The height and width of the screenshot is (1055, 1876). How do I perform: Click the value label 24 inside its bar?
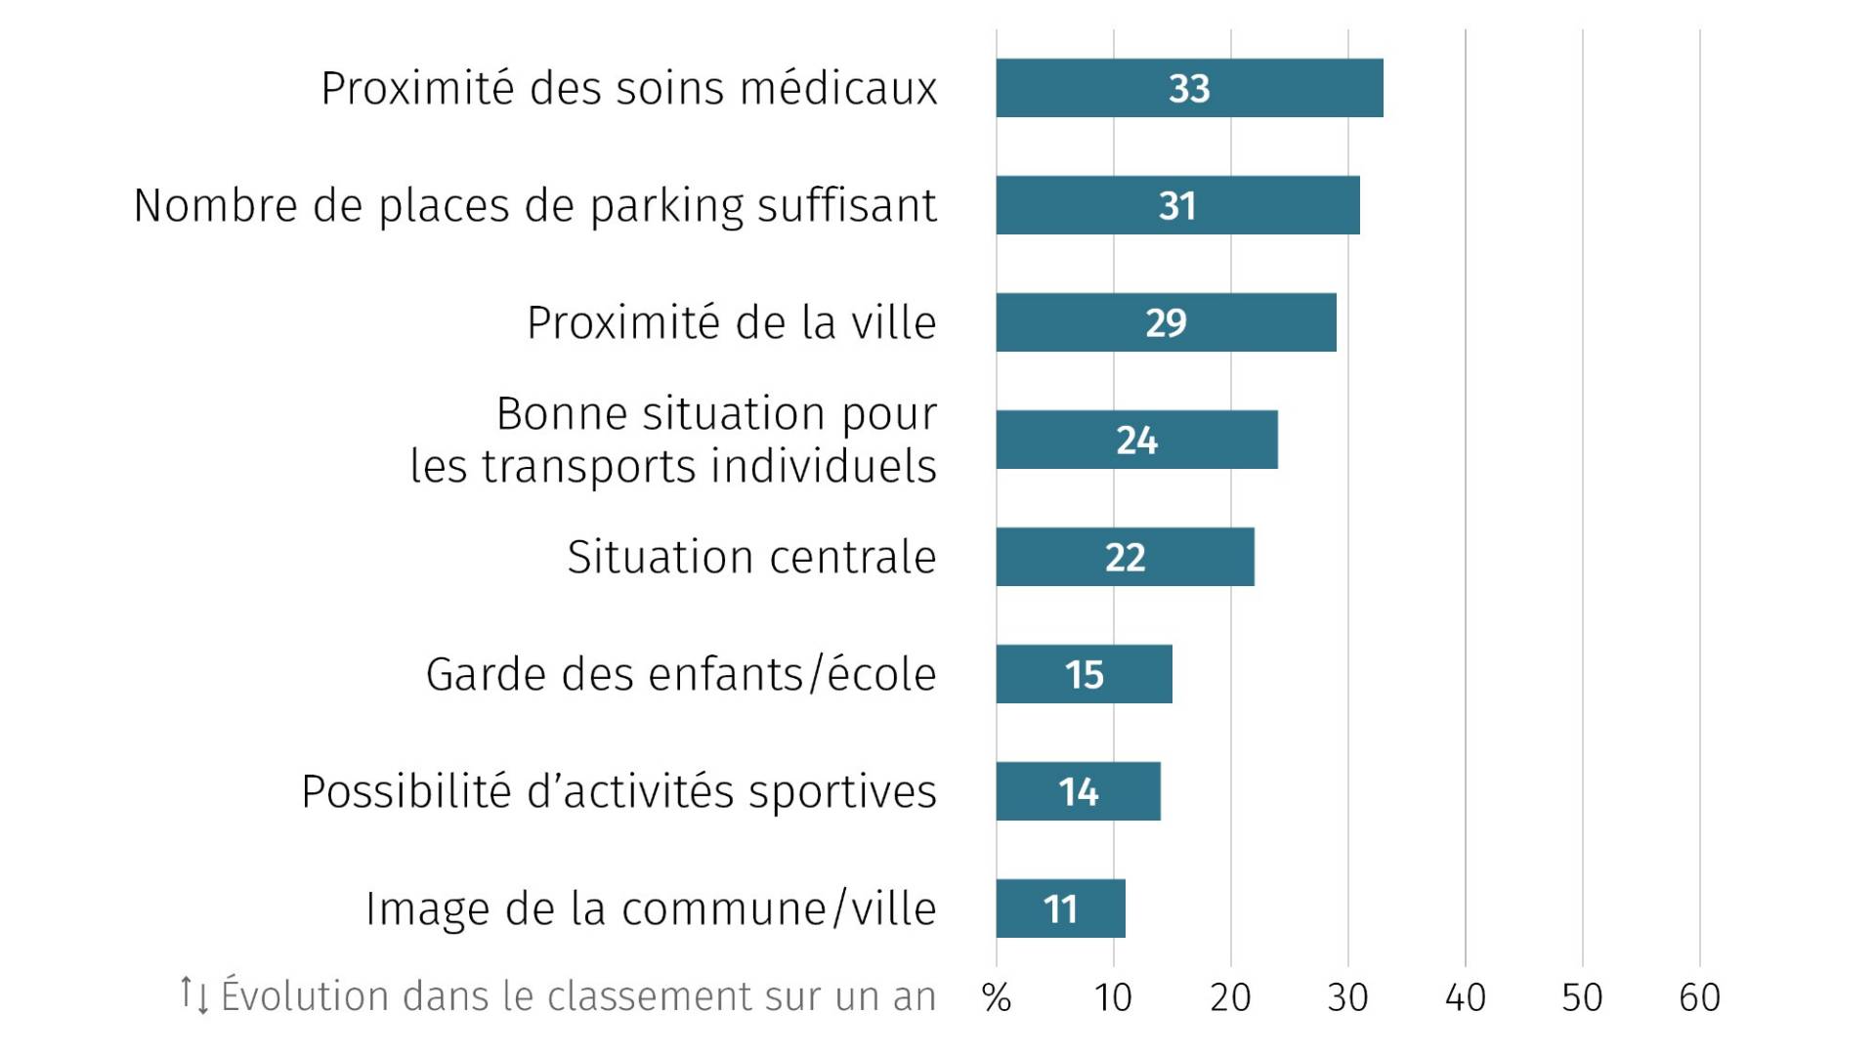tap(1136, 441)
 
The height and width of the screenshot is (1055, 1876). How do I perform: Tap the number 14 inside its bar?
tap(1078, 792)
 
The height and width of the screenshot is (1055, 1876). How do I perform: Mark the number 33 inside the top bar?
tap(1189, 89)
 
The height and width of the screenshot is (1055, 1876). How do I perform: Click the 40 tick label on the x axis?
tap(1465, 997)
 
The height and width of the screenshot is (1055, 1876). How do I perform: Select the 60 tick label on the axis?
tap(1699, 997)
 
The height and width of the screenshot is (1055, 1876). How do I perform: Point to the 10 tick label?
tap(1113, 997)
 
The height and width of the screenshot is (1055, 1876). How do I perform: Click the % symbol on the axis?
tap(996, 997)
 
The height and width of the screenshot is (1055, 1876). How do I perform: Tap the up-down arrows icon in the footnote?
tap(193, 994)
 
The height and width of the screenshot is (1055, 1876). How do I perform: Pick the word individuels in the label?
tap(824, 466)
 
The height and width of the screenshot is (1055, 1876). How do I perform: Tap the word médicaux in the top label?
tap(838, 88)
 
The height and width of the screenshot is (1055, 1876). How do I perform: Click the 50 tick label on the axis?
tap(1582, 997)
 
